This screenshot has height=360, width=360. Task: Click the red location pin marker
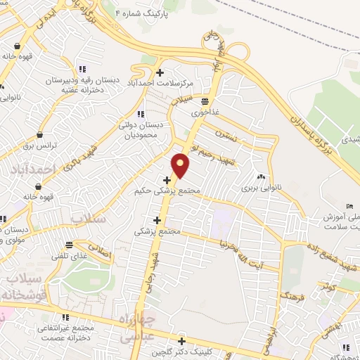tap(181, 165)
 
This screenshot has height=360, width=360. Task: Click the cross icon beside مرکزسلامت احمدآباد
tap(160, 72)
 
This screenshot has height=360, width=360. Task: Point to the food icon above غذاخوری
tap(205, 99)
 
